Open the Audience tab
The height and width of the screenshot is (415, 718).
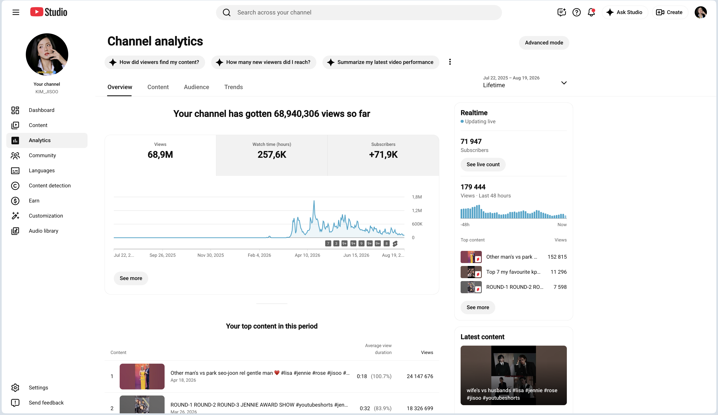coord(196,87)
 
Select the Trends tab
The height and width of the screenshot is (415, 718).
coord(233,87)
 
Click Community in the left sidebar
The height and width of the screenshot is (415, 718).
coord(42,155)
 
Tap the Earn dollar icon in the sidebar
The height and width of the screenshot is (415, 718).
coord(15,201)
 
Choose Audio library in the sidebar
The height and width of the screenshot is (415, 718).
coord(43,231)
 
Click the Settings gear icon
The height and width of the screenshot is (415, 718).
coord(15,388)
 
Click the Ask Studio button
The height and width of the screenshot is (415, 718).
coord(625,12)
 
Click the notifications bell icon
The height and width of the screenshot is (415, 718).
coord(591,12)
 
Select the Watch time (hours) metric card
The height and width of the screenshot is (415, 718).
coord(271,155)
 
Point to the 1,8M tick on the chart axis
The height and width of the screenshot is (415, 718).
coord(417,197)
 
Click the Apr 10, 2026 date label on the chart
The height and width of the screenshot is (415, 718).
coord(307,255)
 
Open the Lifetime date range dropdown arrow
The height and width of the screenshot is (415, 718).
coord(563,83)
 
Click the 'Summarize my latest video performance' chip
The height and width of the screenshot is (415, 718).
coord(381,62)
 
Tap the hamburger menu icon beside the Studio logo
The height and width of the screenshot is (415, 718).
coord(16,12)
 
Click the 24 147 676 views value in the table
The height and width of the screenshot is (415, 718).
coord(420,376)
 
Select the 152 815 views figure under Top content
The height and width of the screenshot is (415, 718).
coord(557,257)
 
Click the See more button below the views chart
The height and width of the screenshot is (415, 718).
coord(131,278)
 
